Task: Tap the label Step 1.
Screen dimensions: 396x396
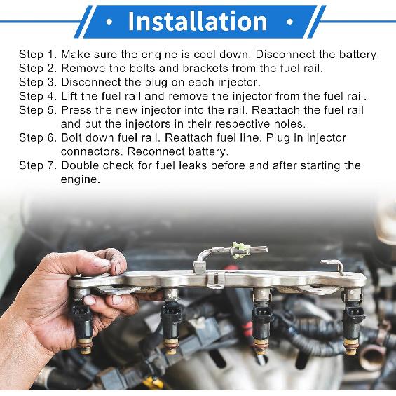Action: click(x=37, y=54)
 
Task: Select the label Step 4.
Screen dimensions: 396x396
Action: click(x=37, y=96)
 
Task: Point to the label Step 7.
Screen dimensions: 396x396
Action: click(x=37, y=165)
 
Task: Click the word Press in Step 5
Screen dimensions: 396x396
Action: click(x=77, y=110)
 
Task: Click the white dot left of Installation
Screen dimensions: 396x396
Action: click(x=109, y=21)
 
